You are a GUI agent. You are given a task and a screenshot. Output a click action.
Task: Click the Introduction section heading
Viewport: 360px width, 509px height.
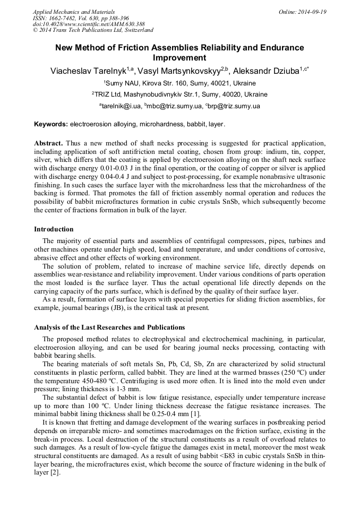(54, 229)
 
